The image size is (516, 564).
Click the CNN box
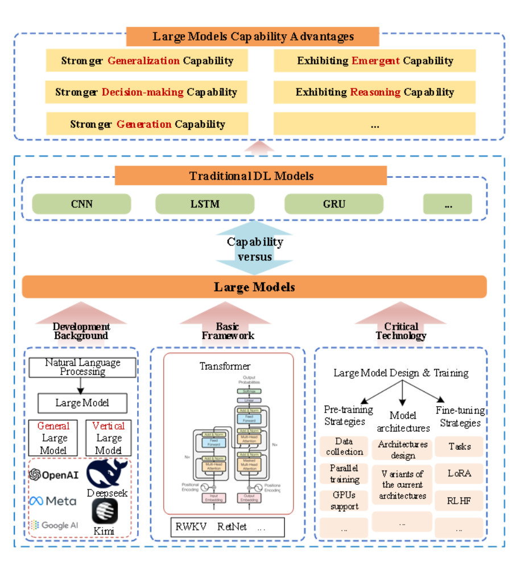(x=81, y=204)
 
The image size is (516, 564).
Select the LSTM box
(x=205, y=204)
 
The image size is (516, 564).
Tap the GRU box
(x=334, y=204)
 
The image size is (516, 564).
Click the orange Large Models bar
(x=254, y=287)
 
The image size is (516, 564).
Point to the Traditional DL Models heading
(x=251, y=176)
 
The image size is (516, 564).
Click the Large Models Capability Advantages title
(x=253, y=37)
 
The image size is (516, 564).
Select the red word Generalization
(x=144, y=61)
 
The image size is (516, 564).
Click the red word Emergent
(x=375, y=61)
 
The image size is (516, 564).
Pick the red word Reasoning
(x=375, y=92)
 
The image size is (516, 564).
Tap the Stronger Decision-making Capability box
(x=146, y=92)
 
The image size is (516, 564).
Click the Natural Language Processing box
(x=83, y=367)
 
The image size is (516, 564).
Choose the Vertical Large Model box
(x=109, y=438)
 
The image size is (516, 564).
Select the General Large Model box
(x=53, y=438)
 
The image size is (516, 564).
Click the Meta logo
(x=53, y=501)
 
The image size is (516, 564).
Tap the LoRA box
(x=459, y=473)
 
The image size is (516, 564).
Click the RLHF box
(x=459, y=501)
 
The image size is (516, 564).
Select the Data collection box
(x=344, y=447)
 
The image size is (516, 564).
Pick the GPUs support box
(x=344, y=501)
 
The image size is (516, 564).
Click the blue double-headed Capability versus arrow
(x=254, y=250)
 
